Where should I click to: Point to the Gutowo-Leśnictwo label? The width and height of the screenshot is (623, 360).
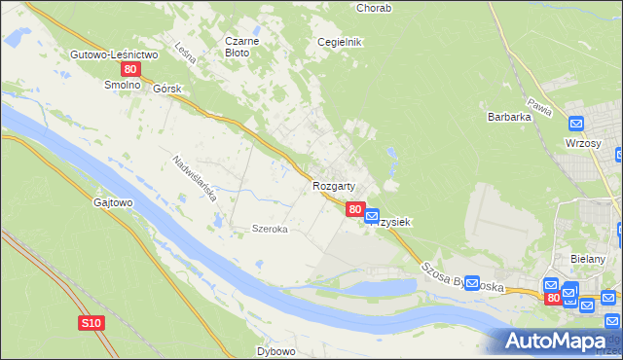point(114,54)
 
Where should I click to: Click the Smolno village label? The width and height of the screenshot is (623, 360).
point(124,86)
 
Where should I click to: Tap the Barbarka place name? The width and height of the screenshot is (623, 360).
point(507,117)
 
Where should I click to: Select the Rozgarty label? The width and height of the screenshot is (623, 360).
point(333,185)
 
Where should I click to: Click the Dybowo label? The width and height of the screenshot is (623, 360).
point(276,350)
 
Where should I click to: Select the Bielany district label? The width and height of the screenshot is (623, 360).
point(588,259)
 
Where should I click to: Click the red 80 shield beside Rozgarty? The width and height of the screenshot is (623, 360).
point(355,209)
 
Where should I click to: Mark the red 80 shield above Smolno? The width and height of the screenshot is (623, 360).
point(130,71)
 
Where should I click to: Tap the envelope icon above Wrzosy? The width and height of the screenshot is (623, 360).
point(576,125)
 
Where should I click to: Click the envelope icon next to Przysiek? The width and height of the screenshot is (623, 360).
point(372,216)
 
